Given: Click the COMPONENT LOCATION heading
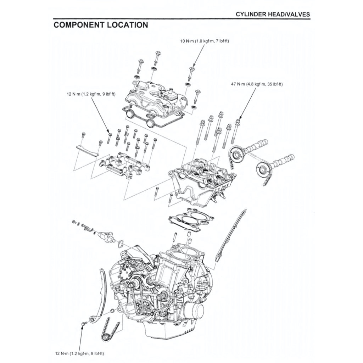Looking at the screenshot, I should coord(100,25).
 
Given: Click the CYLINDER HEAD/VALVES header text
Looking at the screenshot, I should coord(273,14).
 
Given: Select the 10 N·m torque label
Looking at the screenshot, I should coord(205,41).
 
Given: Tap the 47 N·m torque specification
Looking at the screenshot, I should coord(255,84).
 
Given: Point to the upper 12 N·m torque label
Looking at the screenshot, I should coord(91,94).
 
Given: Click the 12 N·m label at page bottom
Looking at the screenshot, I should coord(79,353).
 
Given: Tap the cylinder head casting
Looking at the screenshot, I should coord(202,183).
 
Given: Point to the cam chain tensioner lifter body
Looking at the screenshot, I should coord(106,236).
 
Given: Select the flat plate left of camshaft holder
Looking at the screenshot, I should coord(87,151).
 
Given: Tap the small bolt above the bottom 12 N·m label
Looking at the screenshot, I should coord(84,324).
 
